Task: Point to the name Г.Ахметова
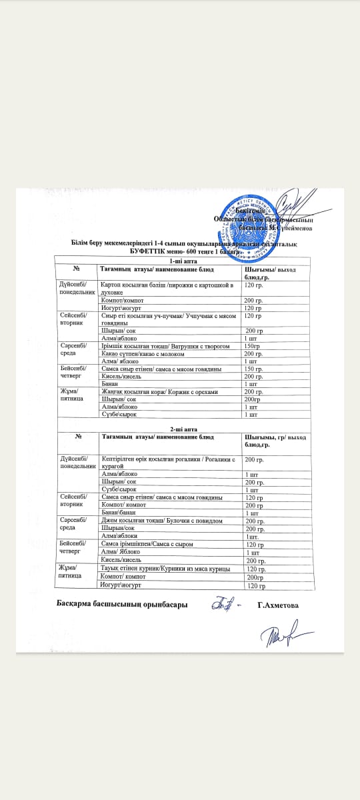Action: coord(277,605)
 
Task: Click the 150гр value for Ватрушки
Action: coord(252,347)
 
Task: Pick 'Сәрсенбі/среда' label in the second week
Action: coord(76,524)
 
